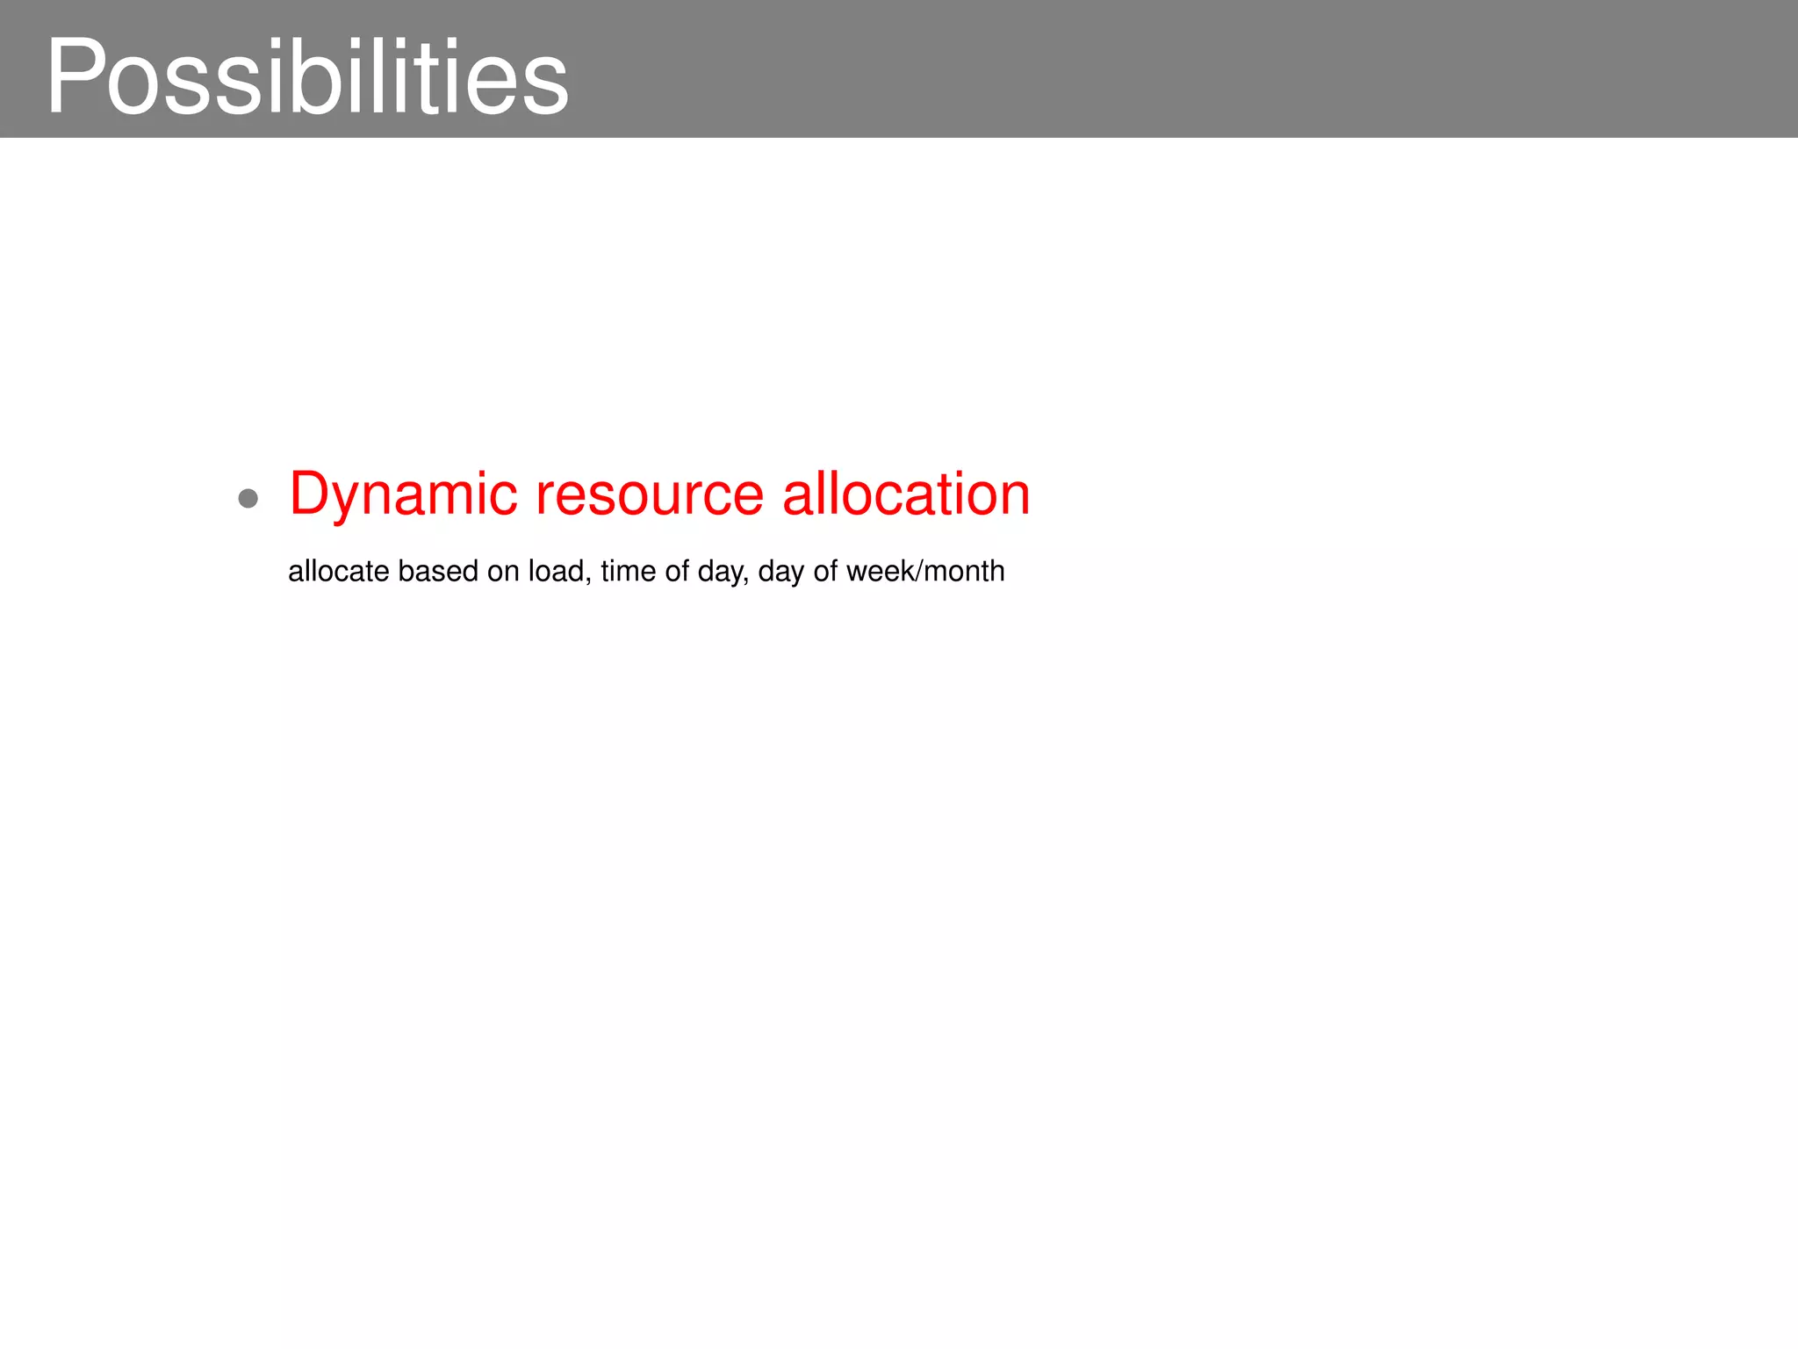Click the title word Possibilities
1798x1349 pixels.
coord(307,77)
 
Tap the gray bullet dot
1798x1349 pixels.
coord(248,499)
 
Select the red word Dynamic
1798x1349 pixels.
coord(403,494)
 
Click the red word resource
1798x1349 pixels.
coord(650,494)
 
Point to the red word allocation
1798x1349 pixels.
coord(906,494)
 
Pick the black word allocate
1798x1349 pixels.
coord(338,571)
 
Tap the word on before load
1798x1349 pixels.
coord(503,571)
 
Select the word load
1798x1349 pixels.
coord(556,571)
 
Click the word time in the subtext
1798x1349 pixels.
coord(629,571)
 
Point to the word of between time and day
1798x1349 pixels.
coord(677,571)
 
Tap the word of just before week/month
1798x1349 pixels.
coord(825,571)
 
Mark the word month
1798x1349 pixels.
coord(965,571)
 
